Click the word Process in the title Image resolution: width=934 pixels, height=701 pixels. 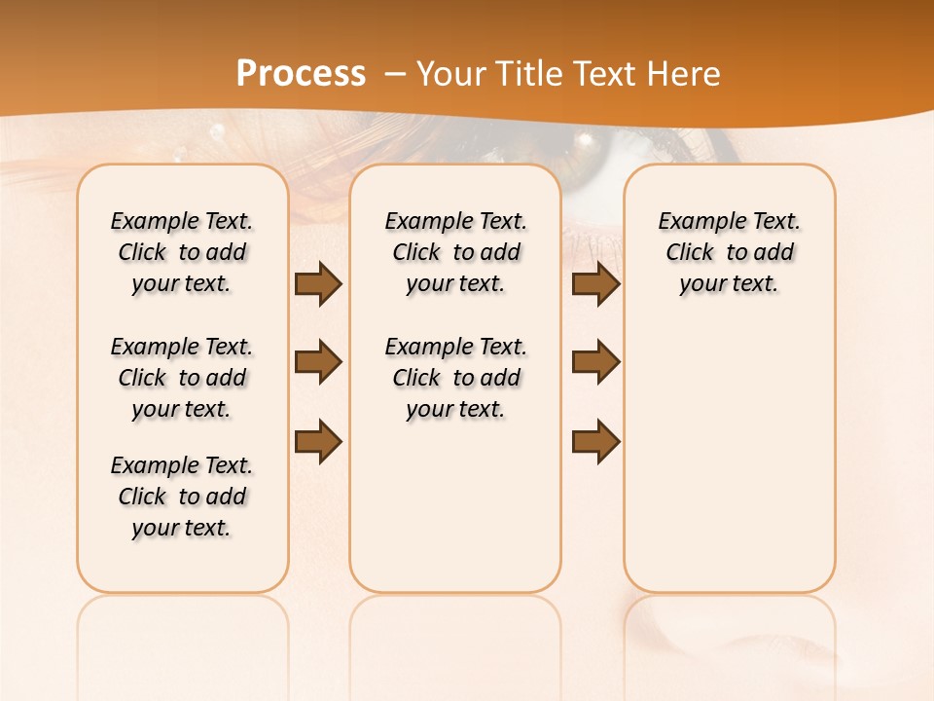click(301, 73)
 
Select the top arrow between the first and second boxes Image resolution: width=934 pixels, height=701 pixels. click(318, 284)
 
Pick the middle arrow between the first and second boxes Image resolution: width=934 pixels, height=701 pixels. click(318, 362)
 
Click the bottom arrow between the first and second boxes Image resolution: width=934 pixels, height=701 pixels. click(318, 442)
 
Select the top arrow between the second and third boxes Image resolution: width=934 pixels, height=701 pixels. click(595, 284)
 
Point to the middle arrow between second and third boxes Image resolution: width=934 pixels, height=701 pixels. click(595, 362)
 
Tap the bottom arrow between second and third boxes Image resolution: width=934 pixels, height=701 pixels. click(595, 442)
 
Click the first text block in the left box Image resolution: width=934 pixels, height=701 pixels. click(182, 252)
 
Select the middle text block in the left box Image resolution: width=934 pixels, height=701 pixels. click(182, 378)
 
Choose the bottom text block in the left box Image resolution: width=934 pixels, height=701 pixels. click(182, 497)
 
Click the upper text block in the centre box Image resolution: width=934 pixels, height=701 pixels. click(455, 252)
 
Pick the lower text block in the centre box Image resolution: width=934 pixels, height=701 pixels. click(455, 378)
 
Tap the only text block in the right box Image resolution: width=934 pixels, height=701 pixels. click(730, 252)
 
